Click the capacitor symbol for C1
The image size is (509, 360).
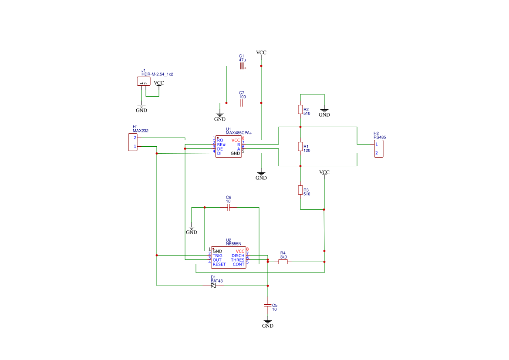click(x=242, y=66)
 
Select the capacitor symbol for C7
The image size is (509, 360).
click(x=242, y=103)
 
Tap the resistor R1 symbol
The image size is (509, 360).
click(x=300, y=147)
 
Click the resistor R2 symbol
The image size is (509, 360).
click(x=300, y=109)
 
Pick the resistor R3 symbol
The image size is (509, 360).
click(x=300, y=190)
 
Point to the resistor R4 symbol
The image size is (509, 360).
click(x=283, y=262)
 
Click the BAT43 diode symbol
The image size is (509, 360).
click(x=213, y=286)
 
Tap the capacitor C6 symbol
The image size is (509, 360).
click(x=229, y=208)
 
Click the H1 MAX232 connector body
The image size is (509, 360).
click(x=133, y=142)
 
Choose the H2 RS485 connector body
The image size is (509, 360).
click(x=379, y=148)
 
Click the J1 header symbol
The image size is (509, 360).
click(x=144, y=82)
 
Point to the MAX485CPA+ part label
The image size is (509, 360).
click(x=239, y=133)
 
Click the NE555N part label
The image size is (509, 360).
click(x=233, y=244)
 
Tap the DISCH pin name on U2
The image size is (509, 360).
click(x=238, y=256)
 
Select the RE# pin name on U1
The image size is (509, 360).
click(x=221, y=145)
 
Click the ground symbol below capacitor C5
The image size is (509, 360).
click(x=268, y=324)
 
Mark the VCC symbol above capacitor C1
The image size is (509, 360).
click(x=261, y=53)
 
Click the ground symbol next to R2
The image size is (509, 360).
click(x=324, y=113)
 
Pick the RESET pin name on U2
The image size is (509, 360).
click(x=219, y=264)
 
